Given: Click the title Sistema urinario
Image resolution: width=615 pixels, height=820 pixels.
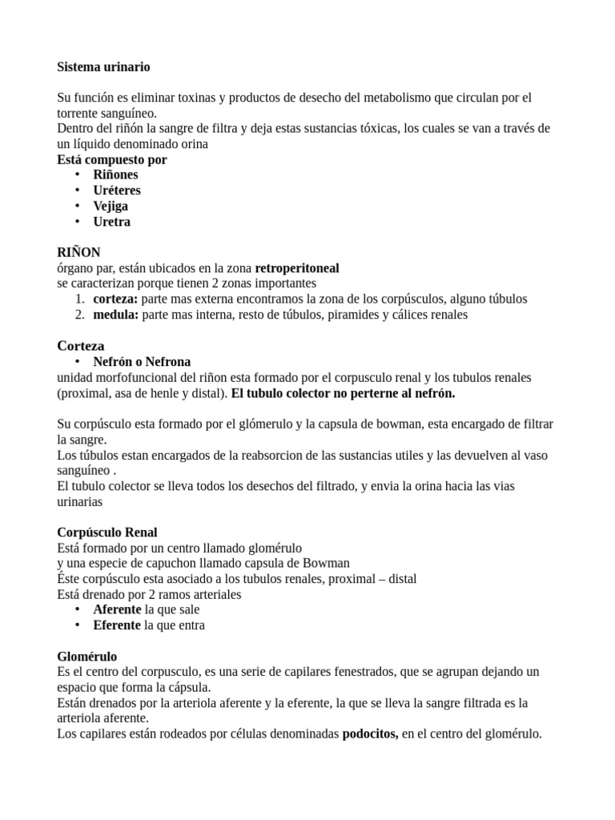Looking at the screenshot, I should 103,66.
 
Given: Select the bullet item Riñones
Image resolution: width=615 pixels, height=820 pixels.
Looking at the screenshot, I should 115,175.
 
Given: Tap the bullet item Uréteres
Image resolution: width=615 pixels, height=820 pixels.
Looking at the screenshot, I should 116,191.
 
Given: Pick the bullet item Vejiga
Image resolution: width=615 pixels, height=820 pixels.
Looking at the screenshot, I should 111,206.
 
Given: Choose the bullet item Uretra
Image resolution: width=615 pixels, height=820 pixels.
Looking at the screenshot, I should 111,222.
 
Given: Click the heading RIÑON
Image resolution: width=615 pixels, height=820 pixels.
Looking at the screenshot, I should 79,252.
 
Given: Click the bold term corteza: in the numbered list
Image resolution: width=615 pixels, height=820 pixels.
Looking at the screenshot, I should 115,299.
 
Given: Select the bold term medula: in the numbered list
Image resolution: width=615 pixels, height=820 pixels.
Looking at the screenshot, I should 115,315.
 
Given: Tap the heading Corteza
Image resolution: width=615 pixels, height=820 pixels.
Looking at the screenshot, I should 81,346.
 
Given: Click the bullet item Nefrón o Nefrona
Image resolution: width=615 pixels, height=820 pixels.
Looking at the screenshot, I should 142,362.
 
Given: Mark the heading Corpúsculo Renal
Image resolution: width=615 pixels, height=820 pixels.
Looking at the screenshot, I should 107,533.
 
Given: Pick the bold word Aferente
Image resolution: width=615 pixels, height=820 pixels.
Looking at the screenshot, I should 117,609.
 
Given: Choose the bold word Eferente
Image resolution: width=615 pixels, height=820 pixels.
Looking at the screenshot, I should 117,625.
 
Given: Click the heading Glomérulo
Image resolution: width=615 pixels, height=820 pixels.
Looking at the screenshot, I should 88,656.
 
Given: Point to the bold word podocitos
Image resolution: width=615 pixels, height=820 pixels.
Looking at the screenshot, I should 371,734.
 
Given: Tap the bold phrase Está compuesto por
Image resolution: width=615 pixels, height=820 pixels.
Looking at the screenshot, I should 112,159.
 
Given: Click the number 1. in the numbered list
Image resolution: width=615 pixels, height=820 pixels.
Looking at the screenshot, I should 80,299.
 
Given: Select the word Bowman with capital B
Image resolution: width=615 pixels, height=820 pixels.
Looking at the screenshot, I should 328,563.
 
